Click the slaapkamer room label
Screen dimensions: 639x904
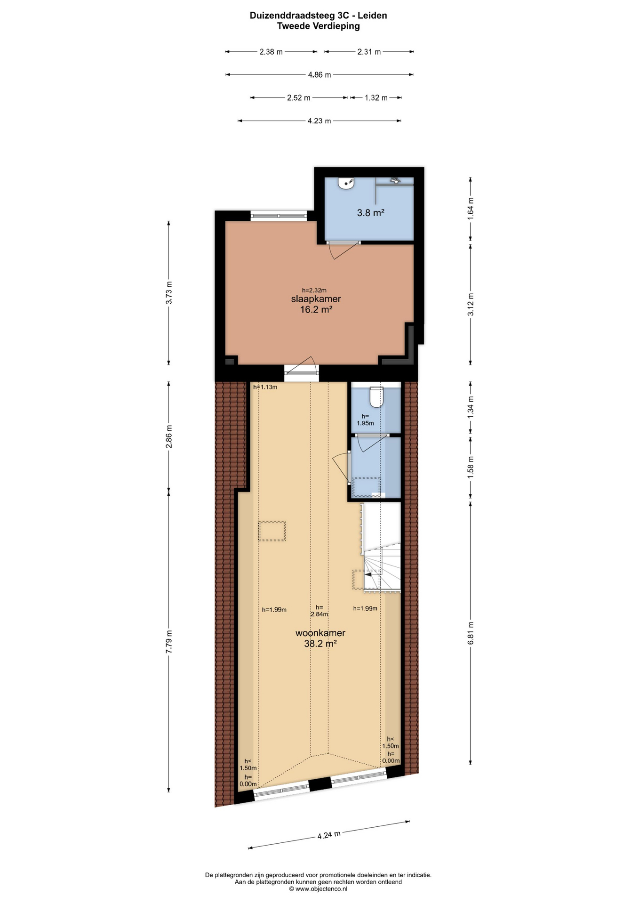(316, 299)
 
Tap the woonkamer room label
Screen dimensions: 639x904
(320, 633)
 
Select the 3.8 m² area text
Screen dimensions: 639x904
(371, 213)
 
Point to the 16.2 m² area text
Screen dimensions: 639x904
(316, 309)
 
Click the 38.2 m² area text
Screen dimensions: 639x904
(320, 644)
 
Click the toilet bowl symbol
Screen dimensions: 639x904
(376, 396)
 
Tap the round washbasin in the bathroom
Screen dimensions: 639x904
(346, 183)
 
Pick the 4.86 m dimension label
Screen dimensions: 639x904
(319, 74)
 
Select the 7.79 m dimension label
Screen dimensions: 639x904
(169, 641)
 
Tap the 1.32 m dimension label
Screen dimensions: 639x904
(376, 98)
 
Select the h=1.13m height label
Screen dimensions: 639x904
(265, 387)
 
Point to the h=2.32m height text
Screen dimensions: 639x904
(314, 290)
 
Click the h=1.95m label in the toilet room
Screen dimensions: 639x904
(365, 420)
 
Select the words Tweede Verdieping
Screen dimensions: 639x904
(318, 26)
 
